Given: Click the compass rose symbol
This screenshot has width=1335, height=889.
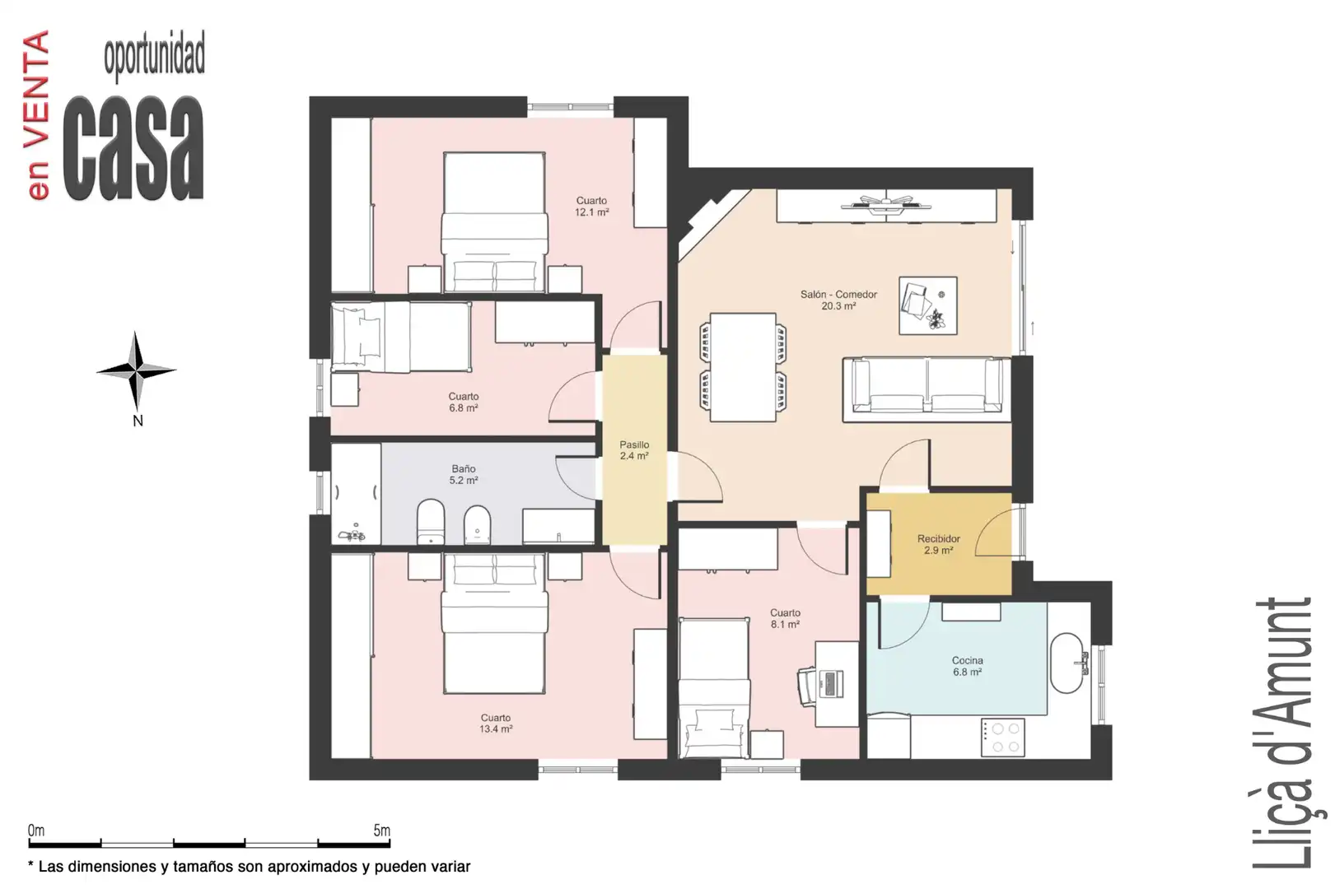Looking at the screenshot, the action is pos(137,370).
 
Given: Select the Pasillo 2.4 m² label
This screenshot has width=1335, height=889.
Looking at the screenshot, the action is pos(634,450).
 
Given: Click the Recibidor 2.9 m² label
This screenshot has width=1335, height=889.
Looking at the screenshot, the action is pos(939,545).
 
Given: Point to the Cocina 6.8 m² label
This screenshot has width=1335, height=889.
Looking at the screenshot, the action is pos(968,666).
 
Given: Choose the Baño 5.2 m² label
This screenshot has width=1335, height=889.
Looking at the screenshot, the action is pos(464,474).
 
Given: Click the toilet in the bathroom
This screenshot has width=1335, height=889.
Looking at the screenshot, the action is pos(430,522).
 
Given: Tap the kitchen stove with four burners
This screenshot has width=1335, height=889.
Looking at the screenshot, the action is pos(1003,738).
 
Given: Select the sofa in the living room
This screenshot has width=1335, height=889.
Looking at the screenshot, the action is pos(927,389).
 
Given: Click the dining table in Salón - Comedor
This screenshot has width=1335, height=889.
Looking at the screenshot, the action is pos(743,367).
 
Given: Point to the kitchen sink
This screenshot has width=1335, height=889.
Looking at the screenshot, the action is pos(1067,663).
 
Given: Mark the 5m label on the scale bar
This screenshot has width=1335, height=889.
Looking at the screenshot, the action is pos(381,830).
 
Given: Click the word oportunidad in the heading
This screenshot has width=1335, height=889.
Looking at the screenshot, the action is pos(155,57).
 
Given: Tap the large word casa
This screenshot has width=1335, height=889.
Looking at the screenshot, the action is pos(133,148).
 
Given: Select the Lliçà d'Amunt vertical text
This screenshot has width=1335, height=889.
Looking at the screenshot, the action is pos(1284,733).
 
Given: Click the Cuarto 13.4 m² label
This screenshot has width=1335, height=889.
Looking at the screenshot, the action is pos(496,724).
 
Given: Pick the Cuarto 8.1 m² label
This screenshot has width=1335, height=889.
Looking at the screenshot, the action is pos(785,618).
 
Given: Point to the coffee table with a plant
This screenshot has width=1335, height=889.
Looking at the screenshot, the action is pos(928,305).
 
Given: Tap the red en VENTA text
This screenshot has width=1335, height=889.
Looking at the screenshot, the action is pos(38,115).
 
